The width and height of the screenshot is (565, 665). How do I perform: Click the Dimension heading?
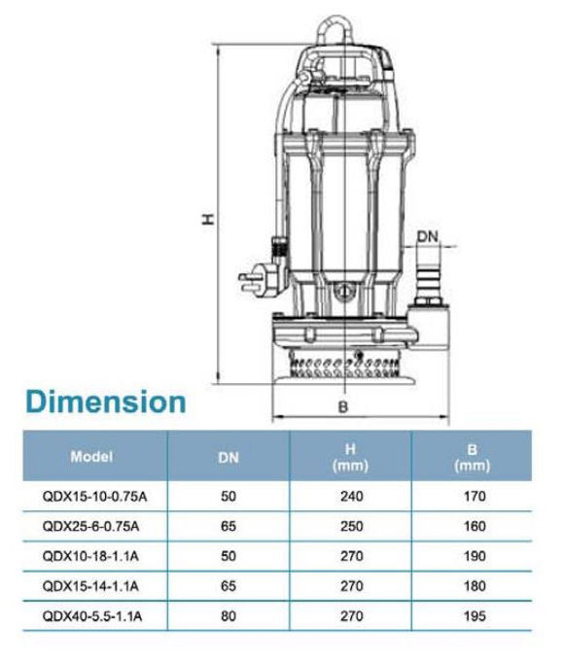(106, 402)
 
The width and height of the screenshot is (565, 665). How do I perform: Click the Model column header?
(91, 456)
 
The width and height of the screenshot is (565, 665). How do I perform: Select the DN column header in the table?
(229, 457)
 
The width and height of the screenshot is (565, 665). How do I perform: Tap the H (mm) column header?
(350, 457)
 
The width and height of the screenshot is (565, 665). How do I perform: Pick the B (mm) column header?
(472, 457)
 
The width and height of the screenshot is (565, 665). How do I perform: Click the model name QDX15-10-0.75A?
(94, 496)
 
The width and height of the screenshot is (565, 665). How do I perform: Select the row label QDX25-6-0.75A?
(90, 526)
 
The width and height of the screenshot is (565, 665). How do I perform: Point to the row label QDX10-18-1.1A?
(90, 556)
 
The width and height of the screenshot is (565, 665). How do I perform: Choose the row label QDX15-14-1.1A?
(90, 586)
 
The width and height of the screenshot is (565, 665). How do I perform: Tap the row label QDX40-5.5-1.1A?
(92, 615)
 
